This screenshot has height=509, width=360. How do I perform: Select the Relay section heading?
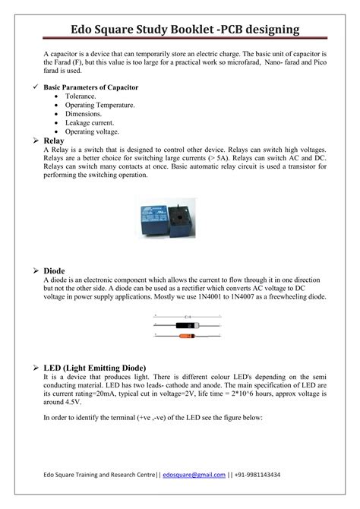[x=55, y=141]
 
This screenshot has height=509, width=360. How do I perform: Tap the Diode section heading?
[x=55, y=270]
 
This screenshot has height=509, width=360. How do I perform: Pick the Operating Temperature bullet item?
[x=100, y=106]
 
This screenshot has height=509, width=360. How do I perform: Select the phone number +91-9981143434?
[x=257, y=474]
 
